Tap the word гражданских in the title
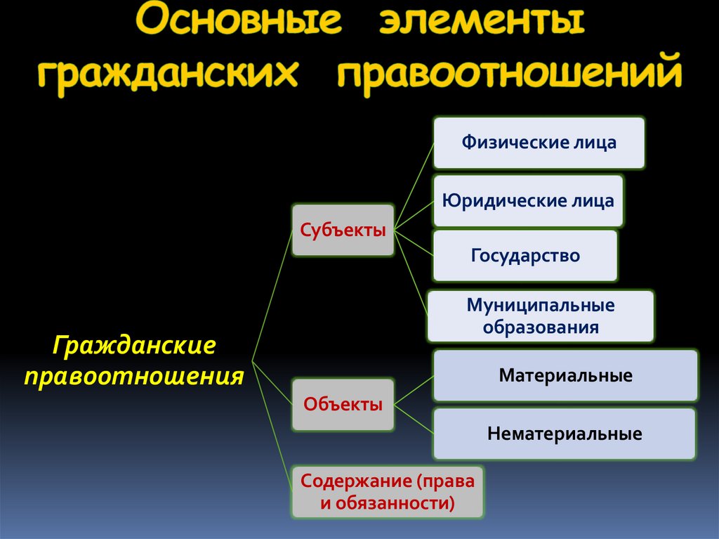tap(168, 76)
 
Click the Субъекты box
tap(343, 230)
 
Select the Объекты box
tap(343, 404)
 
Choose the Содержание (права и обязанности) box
tap(388, 492)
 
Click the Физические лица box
tap(539, 143)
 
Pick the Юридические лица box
tap(527, 201)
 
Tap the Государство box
tap(525, 255)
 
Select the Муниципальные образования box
tap(540, 316)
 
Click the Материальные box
tap(565, 375)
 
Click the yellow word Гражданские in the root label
tap(133, 346)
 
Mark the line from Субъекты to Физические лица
tap(414, 186)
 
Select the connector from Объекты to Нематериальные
tap(414, 419)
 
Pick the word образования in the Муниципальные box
tap(540, 327)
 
